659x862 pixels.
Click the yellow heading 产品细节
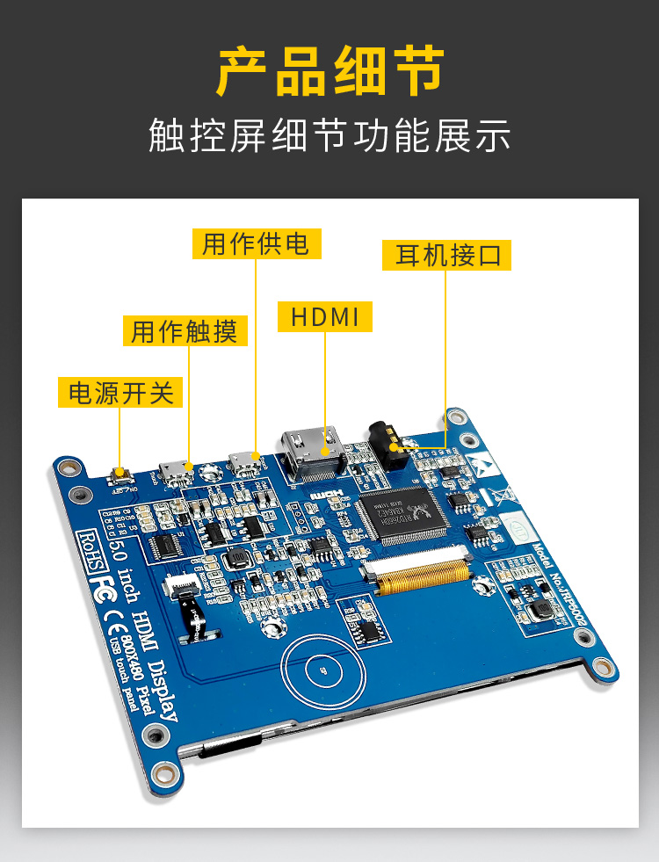pos(329,72)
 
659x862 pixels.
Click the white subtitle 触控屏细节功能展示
pos(329,135)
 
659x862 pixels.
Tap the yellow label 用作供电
pos(257,243)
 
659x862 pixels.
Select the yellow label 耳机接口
pos(446,255)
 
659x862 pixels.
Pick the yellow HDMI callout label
pos(324,316)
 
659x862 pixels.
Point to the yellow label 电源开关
pos(119,392)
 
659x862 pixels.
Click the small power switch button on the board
pos(120,475)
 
